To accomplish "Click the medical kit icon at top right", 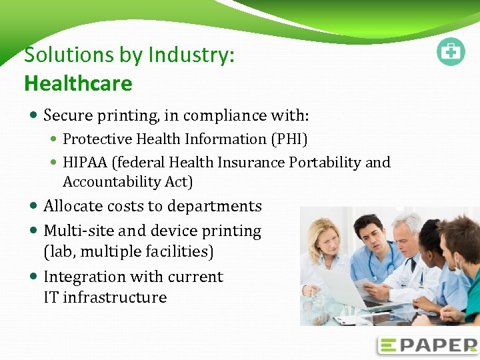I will pos(451,52).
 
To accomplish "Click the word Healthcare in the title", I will pos(78,83).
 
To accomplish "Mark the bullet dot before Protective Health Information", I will pos(54,140).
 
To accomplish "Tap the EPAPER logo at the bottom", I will pos(427,345).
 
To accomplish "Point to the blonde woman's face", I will pos(327,233).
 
